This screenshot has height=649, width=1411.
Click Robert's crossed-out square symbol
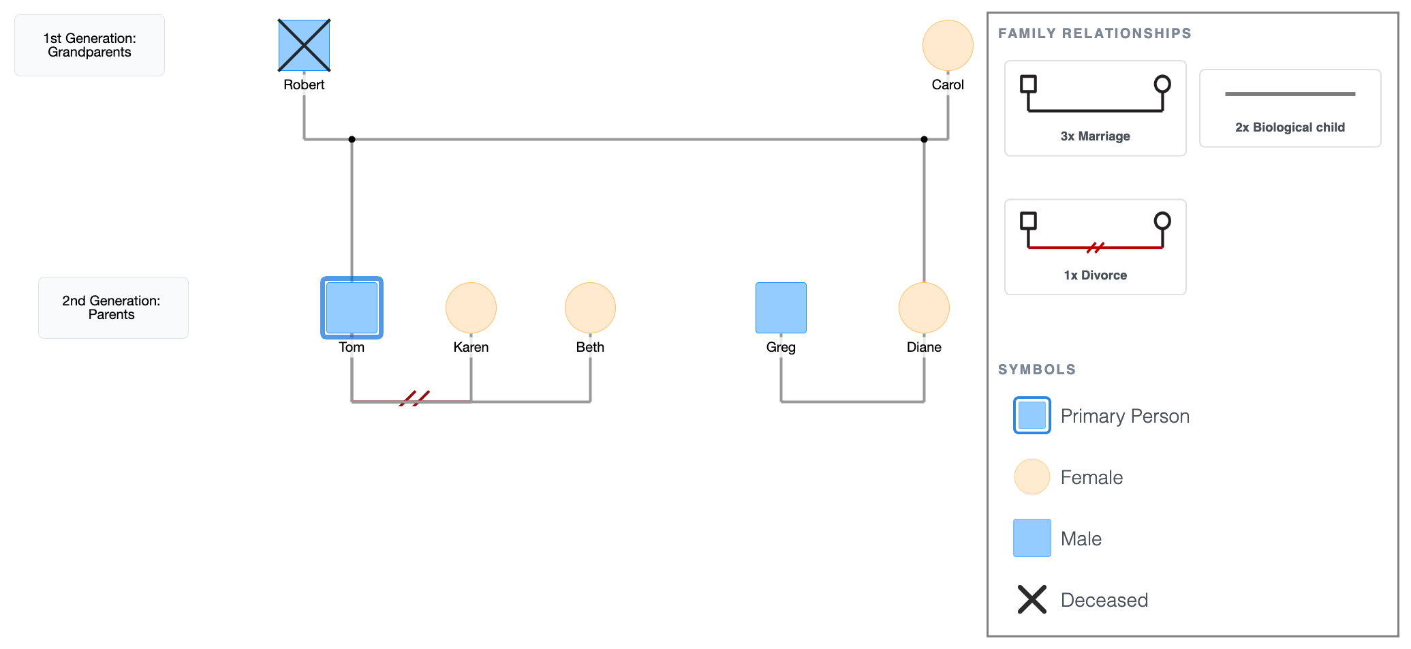(304, 46)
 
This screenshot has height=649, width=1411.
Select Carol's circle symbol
(948, 46)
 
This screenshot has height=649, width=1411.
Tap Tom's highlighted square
(352, 307)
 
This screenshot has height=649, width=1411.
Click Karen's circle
(471, 307)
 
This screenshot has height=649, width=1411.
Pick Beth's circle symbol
(590, 307)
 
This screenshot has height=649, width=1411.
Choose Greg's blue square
(781, 307)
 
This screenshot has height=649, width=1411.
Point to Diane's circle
(924, 307)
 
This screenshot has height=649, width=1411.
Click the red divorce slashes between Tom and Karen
(414, 398)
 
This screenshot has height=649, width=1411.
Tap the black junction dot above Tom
(352, 139)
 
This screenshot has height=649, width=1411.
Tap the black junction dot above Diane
(924, 139)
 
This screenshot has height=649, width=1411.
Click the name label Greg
(781, 347)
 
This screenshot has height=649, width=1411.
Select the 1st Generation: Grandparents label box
(89, 46)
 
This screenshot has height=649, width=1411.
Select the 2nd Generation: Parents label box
(113, 307)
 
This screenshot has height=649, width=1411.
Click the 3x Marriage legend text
(1095, 136)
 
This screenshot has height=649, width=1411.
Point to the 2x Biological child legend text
(1290, 127)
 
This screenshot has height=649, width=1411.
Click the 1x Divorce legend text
(1095, 275)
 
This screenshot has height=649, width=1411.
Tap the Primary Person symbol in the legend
(1032, 415)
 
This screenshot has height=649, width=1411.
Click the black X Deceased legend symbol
(1032, 599)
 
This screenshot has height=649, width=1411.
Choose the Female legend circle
(1032, 477)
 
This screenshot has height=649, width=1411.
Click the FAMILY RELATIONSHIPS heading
(1094, 33)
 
